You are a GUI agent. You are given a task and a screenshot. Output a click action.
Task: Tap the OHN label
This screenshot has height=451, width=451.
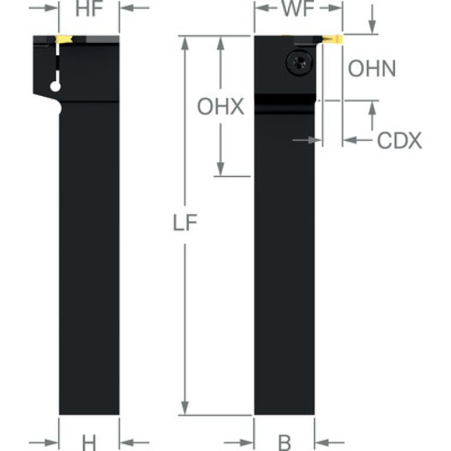[372, 69]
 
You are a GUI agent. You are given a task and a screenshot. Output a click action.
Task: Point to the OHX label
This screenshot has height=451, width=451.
[221, 107]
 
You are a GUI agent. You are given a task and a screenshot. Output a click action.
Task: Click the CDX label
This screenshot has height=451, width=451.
[399, 141]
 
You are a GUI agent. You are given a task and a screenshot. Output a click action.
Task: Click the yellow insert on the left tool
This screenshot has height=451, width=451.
[63, 40]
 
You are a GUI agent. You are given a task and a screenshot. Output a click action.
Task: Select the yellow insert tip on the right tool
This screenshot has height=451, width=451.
[333, 39]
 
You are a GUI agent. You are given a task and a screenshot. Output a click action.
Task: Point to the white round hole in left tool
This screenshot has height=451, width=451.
[56, 87]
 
